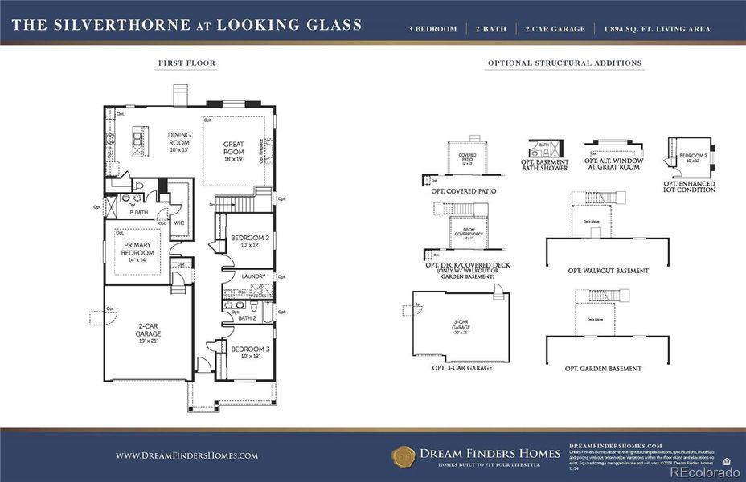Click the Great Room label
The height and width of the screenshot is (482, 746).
(233, 149)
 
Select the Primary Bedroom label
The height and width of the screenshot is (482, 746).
(138, 248)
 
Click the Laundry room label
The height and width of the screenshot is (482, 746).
(253, 276)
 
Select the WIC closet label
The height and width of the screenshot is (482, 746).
(179, 223)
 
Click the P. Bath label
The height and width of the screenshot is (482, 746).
(138, 212)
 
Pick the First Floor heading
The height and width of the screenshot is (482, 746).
(186, 63)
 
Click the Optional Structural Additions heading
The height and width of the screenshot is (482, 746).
(564, 63)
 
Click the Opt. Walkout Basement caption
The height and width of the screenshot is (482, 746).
(608, 271)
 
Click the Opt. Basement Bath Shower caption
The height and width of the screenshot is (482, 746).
(544, 165)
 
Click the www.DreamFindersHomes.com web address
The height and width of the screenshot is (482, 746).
(186, 455)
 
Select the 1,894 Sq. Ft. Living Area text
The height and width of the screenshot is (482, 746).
(657, 29)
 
